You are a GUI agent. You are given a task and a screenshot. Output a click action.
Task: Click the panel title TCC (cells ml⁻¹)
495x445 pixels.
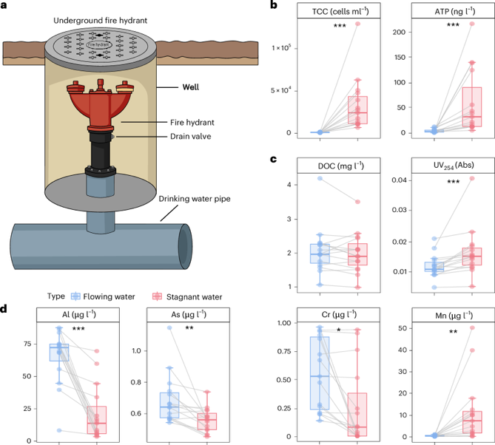339,10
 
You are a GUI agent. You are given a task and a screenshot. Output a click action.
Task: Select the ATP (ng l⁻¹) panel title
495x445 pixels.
440,10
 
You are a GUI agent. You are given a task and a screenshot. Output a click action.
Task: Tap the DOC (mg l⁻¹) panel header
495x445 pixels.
339,165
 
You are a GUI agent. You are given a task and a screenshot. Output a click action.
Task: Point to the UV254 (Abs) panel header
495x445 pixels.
440,165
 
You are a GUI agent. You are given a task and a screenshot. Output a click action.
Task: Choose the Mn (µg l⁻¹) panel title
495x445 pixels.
440,314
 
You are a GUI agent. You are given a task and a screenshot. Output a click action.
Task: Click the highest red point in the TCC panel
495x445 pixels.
357,24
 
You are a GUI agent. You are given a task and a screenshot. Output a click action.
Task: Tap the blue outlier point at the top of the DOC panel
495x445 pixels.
320,179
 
